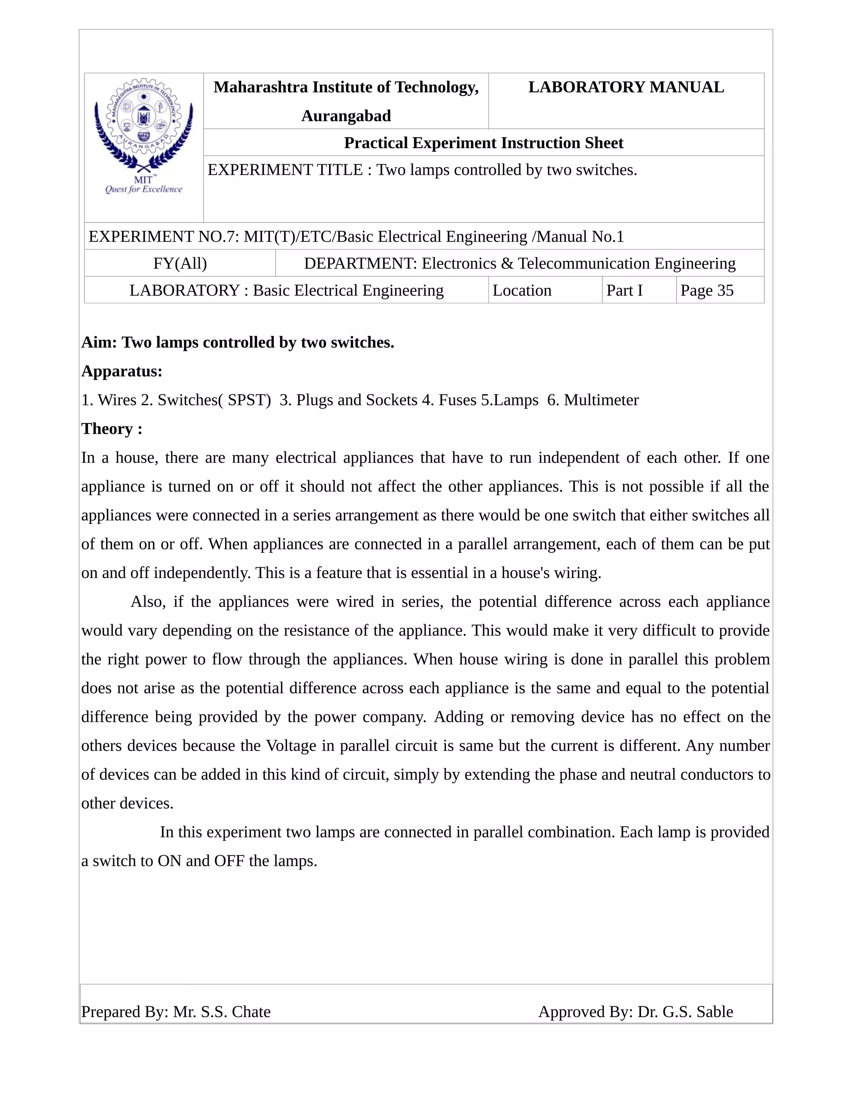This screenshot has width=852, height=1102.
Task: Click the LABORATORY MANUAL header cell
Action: [x=625, y=87]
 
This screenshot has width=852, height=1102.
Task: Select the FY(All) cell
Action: [x=180, y=263]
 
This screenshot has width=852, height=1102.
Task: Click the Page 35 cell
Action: [x=707, y=291]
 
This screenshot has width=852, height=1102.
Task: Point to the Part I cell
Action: [x=624, y=291]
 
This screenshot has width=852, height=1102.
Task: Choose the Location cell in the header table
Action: [x=522, y=291]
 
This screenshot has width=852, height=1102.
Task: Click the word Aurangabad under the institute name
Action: [x=346, y=116]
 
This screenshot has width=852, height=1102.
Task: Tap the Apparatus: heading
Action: [x=121, y=371]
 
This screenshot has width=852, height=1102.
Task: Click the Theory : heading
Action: [x=111, y=429]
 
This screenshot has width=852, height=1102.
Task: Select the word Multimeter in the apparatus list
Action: [x=601, y=400]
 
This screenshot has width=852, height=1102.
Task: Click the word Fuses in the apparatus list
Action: [x=457, y=400]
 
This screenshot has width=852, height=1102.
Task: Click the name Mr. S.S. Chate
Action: [x=222, y=1012]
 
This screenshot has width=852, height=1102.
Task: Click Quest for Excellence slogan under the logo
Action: [x=144, y=189]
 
